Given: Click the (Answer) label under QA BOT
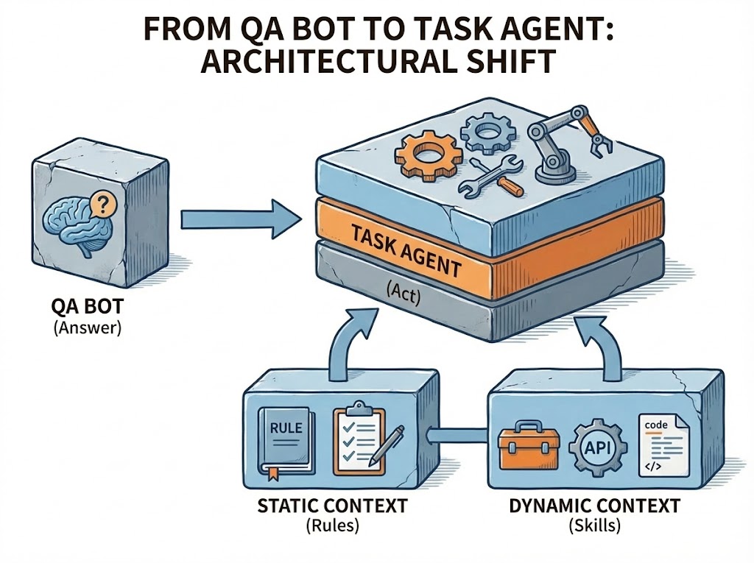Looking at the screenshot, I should pyautogui.click(x=86, y=328).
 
